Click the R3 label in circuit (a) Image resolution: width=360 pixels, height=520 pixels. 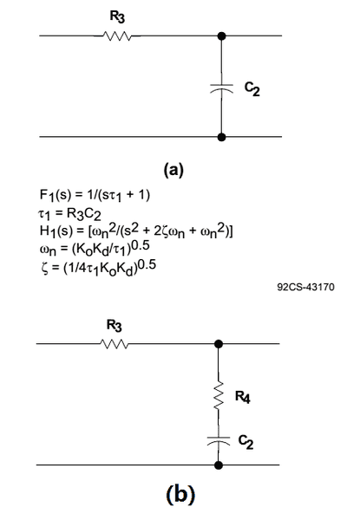tap(117, 17)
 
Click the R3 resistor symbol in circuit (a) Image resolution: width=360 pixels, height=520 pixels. tap(117, 36)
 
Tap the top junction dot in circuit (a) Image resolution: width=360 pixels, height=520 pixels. tap(222, 36)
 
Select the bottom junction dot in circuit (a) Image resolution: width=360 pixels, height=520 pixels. tap(222, 137)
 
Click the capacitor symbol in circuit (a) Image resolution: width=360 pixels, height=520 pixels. tap(222, 88)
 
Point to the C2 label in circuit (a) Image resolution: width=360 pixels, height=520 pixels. tap(252, 88)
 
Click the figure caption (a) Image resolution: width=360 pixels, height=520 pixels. tap(173, 170)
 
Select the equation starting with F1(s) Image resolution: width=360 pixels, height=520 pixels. tap(95, 195)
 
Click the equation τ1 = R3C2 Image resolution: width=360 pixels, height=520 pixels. tap(69, 214)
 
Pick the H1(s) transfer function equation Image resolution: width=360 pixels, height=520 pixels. tap(136, 231)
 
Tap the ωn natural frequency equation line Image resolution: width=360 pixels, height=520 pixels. tap(95, 249)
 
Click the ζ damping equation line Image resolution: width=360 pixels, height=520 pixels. tap(99, 267)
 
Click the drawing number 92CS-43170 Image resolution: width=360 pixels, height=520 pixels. tap(306, 287)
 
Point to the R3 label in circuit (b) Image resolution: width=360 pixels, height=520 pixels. tap(115, 325)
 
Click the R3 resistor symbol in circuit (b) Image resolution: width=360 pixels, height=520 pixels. tap(114, 344)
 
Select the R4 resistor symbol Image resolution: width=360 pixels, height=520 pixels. tap(219, 396)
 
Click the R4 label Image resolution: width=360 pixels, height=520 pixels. tap(243, 397)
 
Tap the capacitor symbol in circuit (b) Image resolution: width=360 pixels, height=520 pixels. tap(219, 441)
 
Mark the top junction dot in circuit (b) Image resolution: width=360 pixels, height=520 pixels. tap(219, 344)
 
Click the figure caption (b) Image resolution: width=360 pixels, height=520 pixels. tap(180, 495)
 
